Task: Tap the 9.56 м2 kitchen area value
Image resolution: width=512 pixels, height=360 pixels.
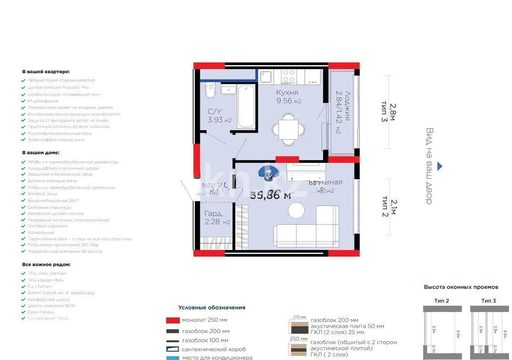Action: pos(288,102)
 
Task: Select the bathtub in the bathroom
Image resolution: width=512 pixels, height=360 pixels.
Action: pos(246,107)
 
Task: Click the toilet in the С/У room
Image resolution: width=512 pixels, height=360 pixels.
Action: pos(210,92)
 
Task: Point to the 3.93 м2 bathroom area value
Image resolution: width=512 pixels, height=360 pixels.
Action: pos(220,120)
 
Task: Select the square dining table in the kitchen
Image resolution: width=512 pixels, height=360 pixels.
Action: pos(288,129)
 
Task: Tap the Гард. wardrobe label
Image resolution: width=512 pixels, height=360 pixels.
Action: pos(214,214)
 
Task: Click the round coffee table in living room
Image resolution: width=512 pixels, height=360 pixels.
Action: pos(296,210)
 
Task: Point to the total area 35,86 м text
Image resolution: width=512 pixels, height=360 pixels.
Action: pos(270,195)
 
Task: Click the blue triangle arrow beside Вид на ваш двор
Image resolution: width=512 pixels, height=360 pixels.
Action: pos(440,166)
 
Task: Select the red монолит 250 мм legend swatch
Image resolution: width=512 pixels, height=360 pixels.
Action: pos(172,320)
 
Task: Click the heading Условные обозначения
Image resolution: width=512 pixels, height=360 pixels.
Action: pos(212,308)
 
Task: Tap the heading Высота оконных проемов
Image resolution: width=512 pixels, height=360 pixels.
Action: pos(461,287)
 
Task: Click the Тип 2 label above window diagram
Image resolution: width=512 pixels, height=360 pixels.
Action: pos(441,300)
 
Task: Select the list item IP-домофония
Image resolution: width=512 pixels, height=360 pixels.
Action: pos(43,101)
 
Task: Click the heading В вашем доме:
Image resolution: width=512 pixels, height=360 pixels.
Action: pos(41,153)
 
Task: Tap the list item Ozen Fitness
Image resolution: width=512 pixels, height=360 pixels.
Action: pos(41,312)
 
